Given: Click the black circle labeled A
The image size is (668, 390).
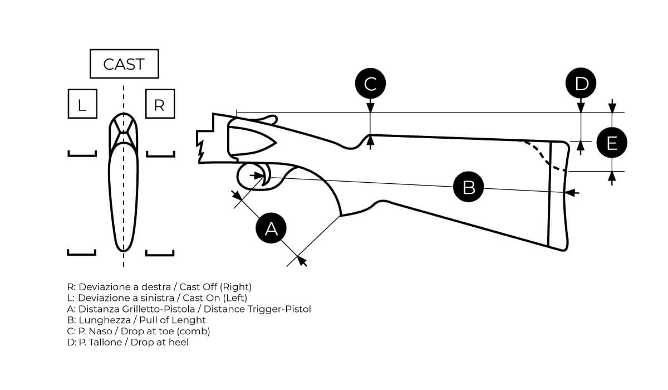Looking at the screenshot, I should coord(271,228).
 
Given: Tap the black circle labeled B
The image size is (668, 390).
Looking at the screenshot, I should coord(469,187).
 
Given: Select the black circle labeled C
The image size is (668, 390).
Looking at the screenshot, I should coord(370,84).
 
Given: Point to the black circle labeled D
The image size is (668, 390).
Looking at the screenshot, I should coord(581,84).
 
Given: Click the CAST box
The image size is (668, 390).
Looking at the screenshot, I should coord(124,64).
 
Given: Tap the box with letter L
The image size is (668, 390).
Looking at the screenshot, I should coord(82,104).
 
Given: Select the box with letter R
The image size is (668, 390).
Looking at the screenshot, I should coord(160,104).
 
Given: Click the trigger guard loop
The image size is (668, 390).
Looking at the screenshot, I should coord(252,177).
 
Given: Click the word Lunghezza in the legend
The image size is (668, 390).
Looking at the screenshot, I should coord(103,320).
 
